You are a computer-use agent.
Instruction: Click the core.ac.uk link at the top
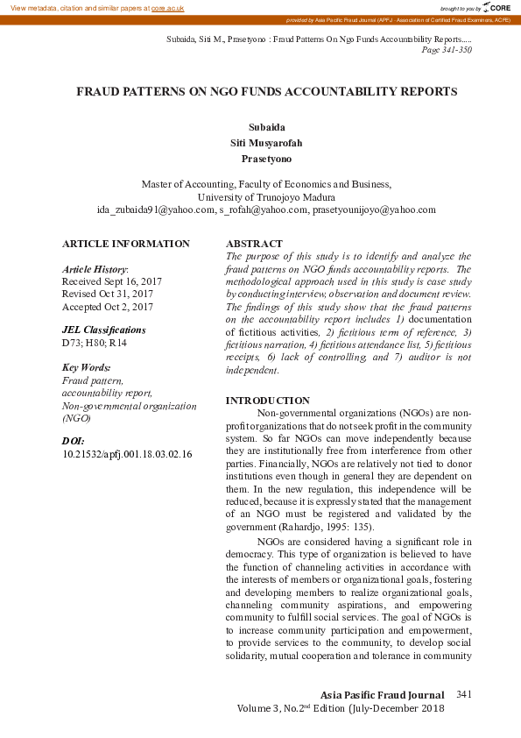click(167, 8)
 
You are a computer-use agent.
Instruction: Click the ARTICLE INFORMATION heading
click(126, 244)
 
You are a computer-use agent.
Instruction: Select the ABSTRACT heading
click(254, 244)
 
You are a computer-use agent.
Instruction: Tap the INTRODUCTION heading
click(268, 401)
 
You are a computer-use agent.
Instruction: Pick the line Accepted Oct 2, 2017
click(108, 307)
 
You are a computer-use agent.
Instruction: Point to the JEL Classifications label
click(104, 330)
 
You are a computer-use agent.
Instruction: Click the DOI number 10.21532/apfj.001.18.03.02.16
click(127, 455)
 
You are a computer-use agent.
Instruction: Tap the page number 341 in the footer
click(464, 694)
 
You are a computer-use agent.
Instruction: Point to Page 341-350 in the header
click(447, 50)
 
